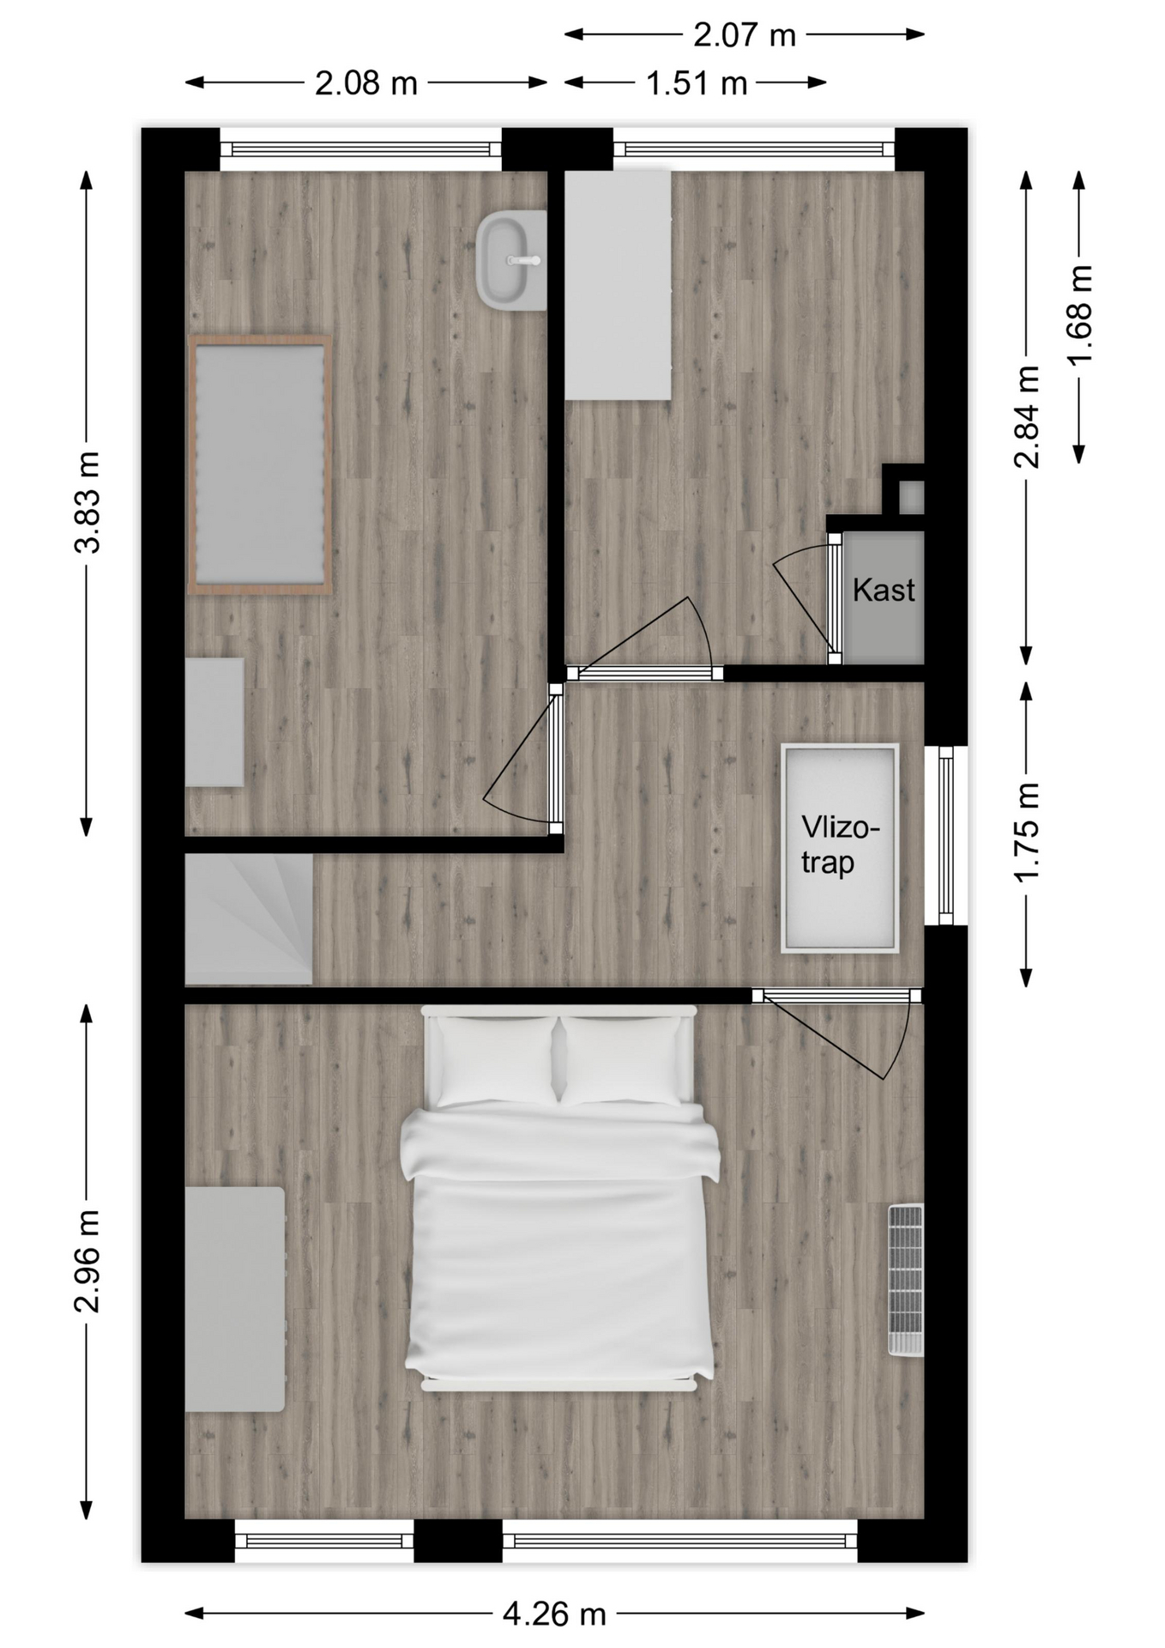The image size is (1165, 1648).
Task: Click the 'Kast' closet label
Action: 883,590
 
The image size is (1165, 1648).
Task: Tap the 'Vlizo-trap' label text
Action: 840,845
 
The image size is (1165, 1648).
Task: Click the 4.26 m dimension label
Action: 554,1615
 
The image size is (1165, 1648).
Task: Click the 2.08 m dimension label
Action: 366,83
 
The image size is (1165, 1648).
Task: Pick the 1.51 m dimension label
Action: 697,83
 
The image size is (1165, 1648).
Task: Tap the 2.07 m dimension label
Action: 745,35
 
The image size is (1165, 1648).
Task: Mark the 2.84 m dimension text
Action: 1027,416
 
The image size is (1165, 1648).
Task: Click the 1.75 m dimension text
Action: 1027,831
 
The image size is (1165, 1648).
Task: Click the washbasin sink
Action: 511,261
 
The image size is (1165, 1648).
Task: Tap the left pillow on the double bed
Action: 496,1061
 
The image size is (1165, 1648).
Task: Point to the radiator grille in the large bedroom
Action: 906,1281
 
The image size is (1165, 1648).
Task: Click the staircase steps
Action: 249,920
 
